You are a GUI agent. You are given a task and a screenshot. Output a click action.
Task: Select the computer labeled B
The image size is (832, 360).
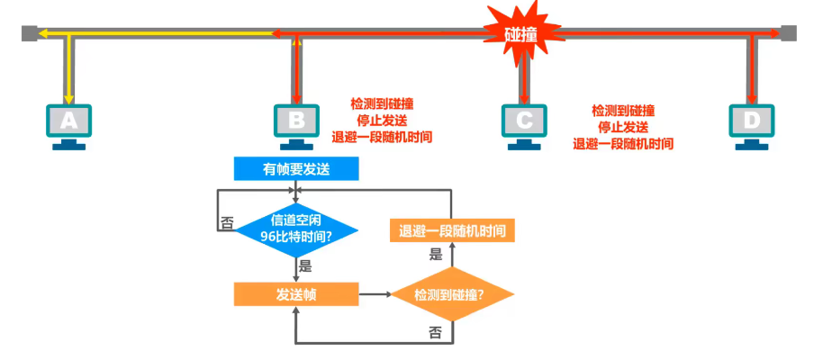click(x=296, y=120)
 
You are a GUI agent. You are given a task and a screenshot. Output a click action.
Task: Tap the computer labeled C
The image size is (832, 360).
click(x=524, y=120)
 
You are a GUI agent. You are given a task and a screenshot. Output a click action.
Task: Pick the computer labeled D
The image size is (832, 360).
click(x=751, y=120)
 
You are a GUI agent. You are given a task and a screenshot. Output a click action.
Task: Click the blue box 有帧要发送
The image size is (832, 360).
click(x=296, y=168)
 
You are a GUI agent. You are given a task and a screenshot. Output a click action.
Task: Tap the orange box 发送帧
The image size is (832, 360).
click(x=296, y=293)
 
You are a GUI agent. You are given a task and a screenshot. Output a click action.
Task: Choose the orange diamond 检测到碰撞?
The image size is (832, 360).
click(x=450, y=294)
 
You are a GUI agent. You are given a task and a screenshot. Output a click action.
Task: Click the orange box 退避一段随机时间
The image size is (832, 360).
click(x=452, y=230)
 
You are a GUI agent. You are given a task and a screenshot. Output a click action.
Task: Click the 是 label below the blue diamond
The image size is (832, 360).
click(x=304, y=265)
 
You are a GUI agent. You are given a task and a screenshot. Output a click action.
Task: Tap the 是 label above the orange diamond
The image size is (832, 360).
click(x=436, y=255)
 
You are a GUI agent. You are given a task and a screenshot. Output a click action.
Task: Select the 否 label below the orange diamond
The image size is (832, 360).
click(x=436, y=332)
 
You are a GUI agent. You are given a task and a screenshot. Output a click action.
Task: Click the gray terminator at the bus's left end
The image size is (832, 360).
click(x=30, y=34)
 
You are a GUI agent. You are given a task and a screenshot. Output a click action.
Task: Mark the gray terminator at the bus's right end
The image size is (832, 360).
click(x=789, y=34)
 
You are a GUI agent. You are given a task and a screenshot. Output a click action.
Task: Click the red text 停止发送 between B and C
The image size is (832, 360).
click(x=383, y=121)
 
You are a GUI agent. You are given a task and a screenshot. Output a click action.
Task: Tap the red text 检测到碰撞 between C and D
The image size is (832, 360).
click(x=623, y=110)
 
